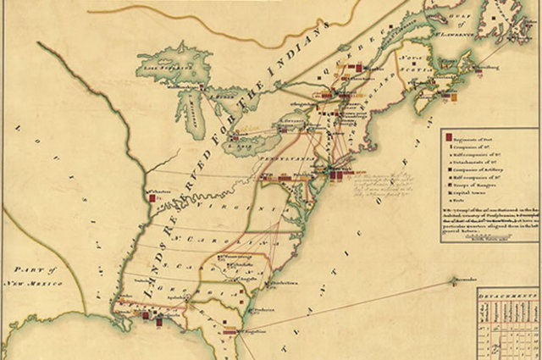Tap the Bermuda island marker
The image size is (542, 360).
click(x=450, y=280)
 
